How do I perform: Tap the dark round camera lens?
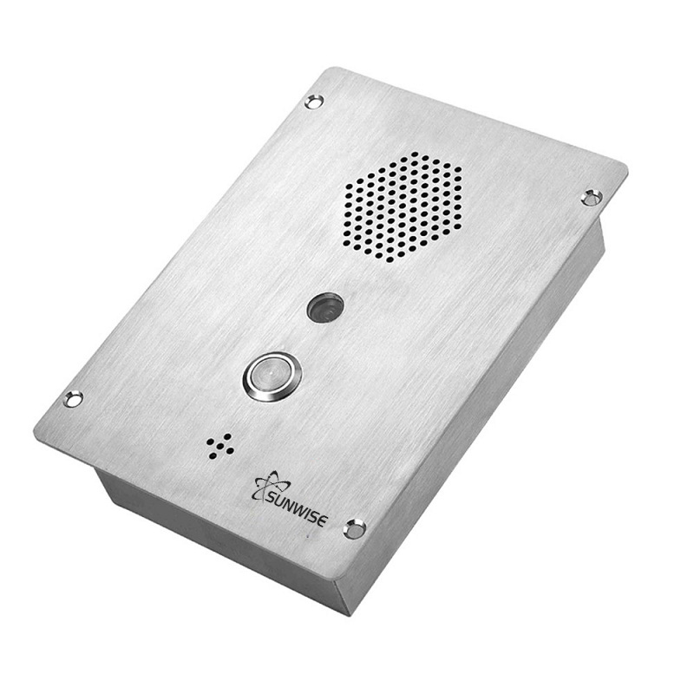click(x=325, y=306)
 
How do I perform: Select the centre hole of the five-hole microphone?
click(x=220, y=445)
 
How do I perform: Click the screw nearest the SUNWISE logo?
click(x=353, y=528)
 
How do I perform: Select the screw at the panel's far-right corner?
click(x=592, y=197)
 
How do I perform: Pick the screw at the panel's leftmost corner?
click(x=74, y=398)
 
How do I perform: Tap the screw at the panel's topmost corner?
click(x=314, y=101)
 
